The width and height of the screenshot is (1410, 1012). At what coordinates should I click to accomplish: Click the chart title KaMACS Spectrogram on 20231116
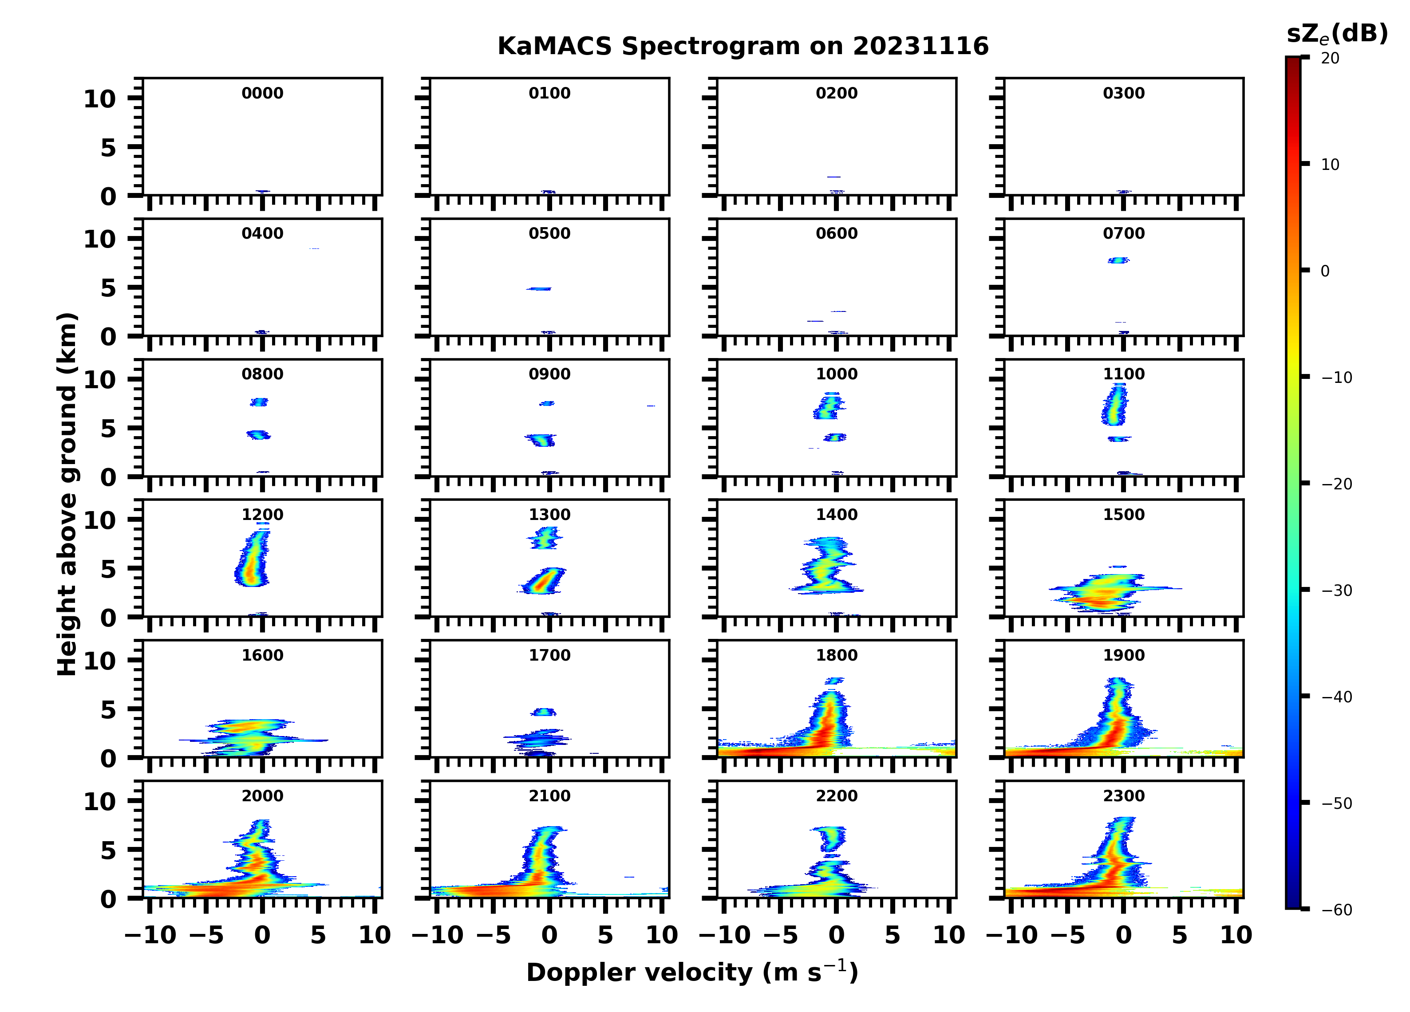(743, 47)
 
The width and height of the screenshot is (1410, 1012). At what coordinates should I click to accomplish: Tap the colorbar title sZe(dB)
(1337, 34)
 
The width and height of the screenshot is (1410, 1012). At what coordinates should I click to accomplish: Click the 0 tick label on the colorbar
(1325, 271)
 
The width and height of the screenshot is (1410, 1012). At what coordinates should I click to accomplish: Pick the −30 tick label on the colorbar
(1336, 591)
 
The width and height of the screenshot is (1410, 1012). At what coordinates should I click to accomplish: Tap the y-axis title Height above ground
(67, 494)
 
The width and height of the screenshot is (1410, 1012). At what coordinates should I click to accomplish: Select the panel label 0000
(262, 93)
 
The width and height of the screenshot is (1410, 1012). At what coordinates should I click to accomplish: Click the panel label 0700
(1123, 234)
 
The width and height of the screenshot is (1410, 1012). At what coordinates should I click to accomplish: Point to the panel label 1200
(262, 515)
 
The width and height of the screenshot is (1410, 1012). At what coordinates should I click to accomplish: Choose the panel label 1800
(836, 655)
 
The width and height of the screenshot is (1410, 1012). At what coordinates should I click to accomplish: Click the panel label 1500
(1123, 515)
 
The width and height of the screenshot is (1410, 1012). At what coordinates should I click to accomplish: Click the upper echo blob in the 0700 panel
(1118, 260)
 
